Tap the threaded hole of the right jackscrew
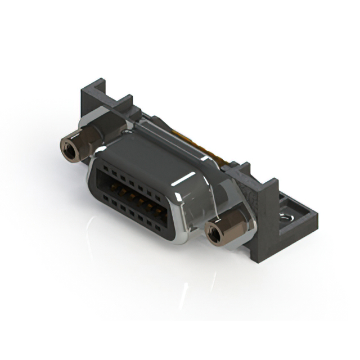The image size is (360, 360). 214,233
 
